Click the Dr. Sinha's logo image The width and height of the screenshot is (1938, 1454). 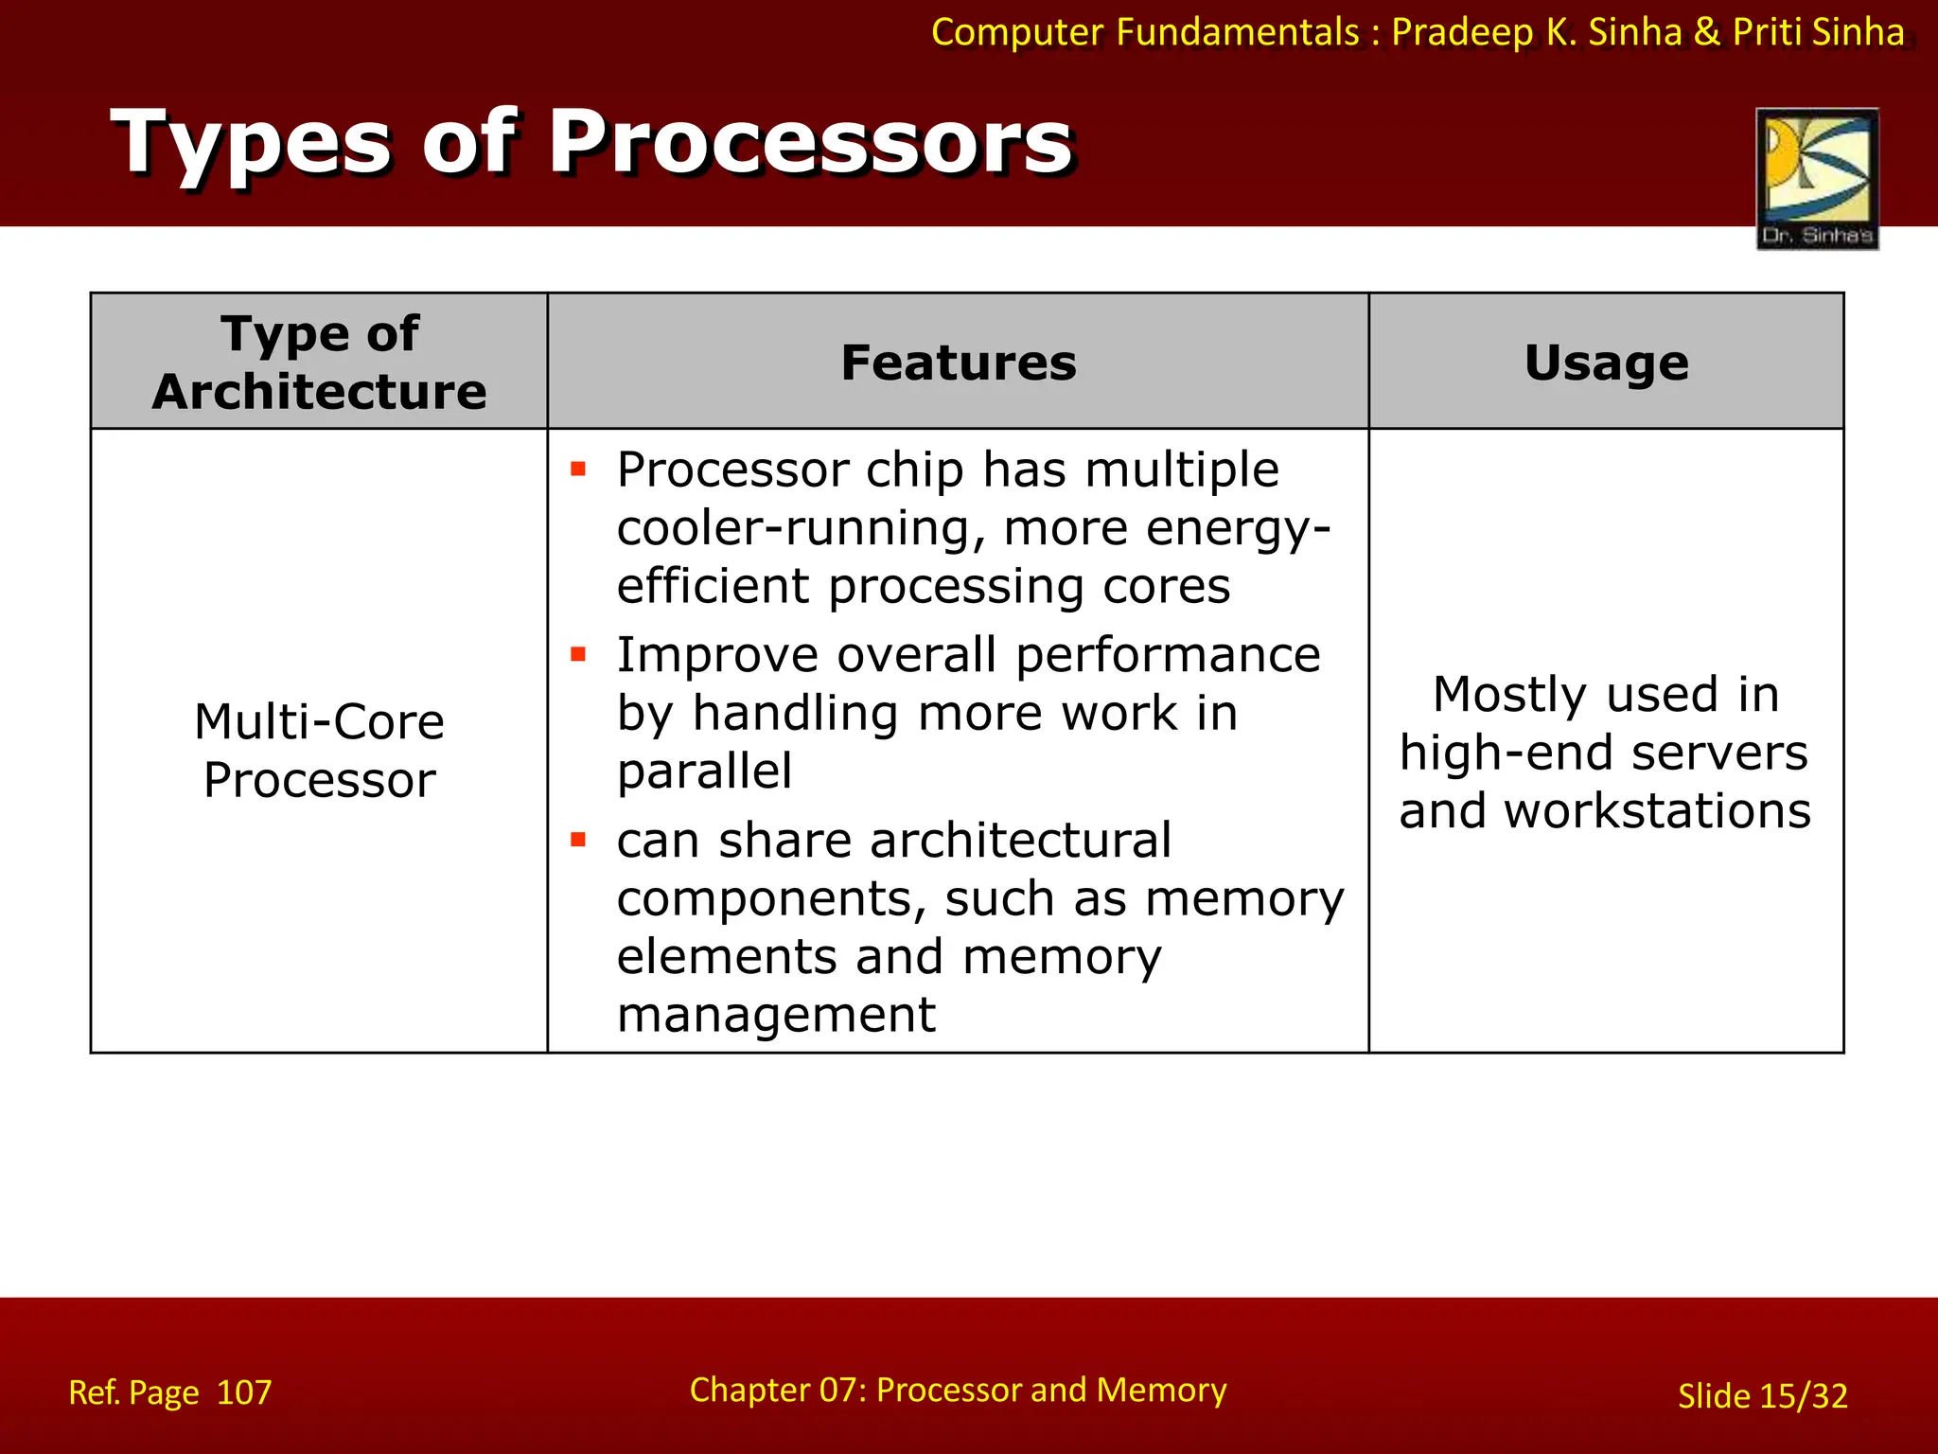(x=1816, y=178)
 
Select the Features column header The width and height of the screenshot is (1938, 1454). (x=958, y=363)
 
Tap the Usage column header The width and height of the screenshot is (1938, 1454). (x=1606, y=363)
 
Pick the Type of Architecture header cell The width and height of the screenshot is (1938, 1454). (x=319, y=363)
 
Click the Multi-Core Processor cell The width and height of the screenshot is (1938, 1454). (x=319, y=751)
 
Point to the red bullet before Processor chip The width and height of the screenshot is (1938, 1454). (x=578, y=469)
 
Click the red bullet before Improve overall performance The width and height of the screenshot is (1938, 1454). (x=578, y=654)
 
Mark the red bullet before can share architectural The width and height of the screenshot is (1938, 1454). (x=578, y=840)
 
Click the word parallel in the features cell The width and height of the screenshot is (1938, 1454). (x=704, y=771)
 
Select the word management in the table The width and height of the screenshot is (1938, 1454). (x=776, y=1015)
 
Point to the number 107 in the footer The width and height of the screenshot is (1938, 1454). (x=244, y=1392)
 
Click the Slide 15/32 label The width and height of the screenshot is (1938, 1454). (x=1762, y=1396)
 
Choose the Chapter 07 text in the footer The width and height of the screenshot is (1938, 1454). (x=776, y=1390)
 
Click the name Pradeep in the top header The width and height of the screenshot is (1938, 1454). (x=1462, y=32)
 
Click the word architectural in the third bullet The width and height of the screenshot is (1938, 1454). (x=1020, y=841)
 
